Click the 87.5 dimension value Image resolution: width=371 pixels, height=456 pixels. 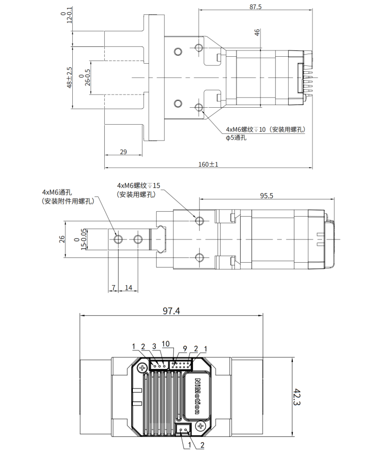point(255,6)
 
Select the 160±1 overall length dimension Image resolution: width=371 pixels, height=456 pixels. point(208,165)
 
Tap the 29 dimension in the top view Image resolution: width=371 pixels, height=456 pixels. point(123,152)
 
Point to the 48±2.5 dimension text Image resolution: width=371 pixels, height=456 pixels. point(69,78)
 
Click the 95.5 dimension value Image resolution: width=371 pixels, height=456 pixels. point(266,196)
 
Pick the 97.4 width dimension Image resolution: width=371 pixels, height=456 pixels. point(171,311)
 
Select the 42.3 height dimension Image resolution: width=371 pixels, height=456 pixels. point(297,397)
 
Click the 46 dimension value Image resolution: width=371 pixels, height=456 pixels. point(257,32)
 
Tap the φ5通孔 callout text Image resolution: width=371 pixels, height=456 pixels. point(236,137)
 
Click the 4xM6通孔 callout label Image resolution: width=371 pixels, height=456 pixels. point(57,192)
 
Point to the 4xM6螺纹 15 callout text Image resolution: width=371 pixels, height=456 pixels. point(139,185)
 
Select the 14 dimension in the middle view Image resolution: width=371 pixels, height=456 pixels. point(129,288)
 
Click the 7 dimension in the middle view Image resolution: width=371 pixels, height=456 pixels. point(114,288)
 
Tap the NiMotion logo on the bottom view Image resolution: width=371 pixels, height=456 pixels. point(197,396)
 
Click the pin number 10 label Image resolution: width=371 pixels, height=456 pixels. point(165,344)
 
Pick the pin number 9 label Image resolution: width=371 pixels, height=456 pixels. point(185,348)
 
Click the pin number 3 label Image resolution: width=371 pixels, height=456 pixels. point(154,346)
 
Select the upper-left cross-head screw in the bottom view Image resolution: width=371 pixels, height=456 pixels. point(142,368)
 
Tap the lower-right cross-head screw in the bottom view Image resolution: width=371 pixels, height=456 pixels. point(200,427)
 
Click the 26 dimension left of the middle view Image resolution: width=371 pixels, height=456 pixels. point(62,239)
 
